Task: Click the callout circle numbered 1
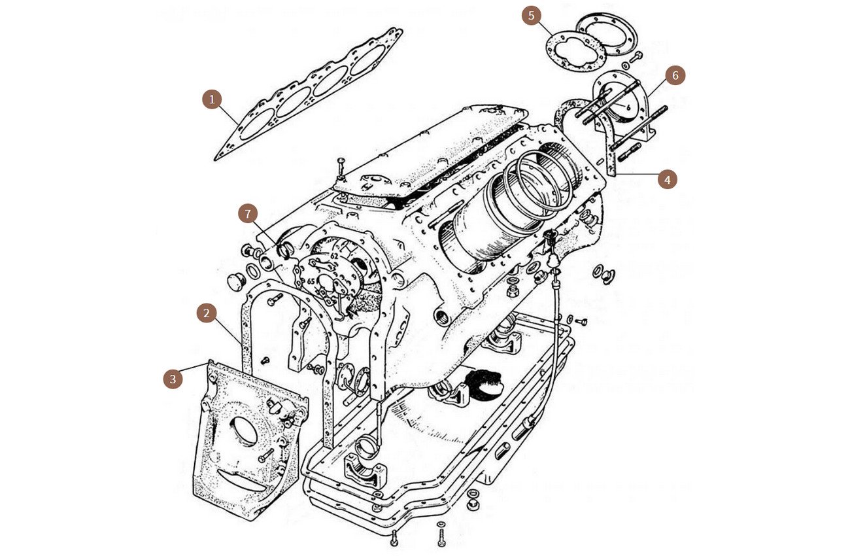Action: pyautogui.click(x=211, y=99)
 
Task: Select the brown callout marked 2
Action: pyautogui.click(x=207, y=313)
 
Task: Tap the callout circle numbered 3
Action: pyautogui.click(x=173, y=379)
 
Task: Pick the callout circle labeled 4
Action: pyautogui.click(x=667, y=179)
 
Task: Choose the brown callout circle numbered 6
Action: pyautogui.click(x=676, y=76)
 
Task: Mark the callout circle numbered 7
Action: pyautogui.click(x=248, y=214)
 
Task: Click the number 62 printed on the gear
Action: pyautogui.click(x=333, y=256)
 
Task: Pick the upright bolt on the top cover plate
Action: pyautogui.click(x=341, y=169)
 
